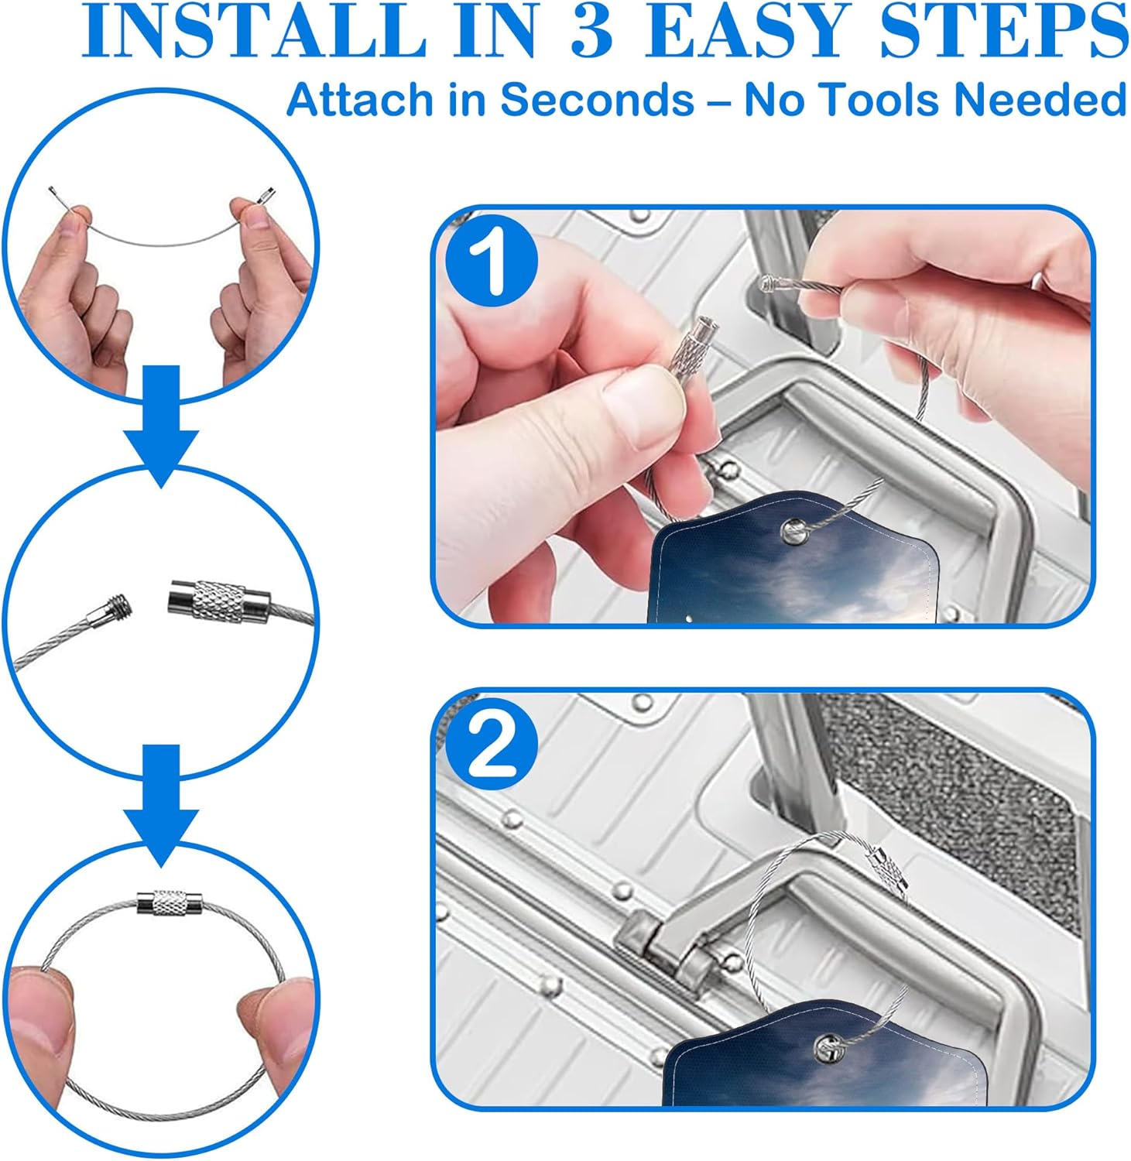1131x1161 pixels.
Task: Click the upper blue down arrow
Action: coord(162,426)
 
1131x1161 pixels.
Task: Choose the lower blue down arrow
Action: coord(162,805)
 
